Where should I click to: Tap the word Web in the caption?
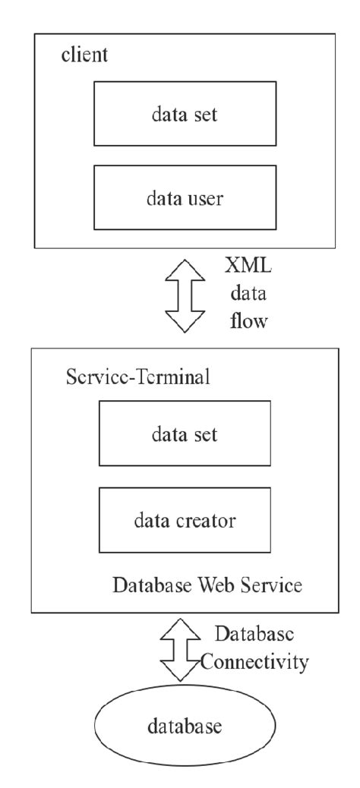pyautogui.click(x=207, y=587)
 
